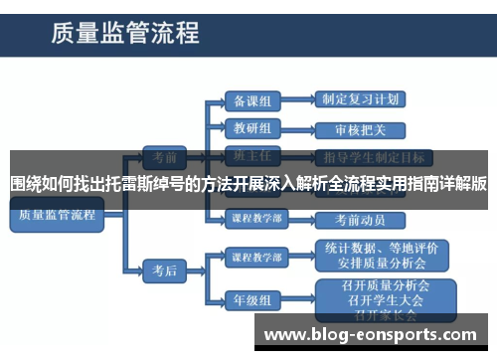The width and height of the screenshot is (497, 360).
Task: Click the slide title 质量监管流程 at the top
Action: [x=126, y=35]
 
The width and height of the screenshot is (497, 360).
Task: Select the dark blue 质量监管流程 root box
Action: [x=57, y=214]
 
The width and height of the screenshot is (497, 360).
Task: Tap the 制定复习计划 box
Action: [x=361, y=100]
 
